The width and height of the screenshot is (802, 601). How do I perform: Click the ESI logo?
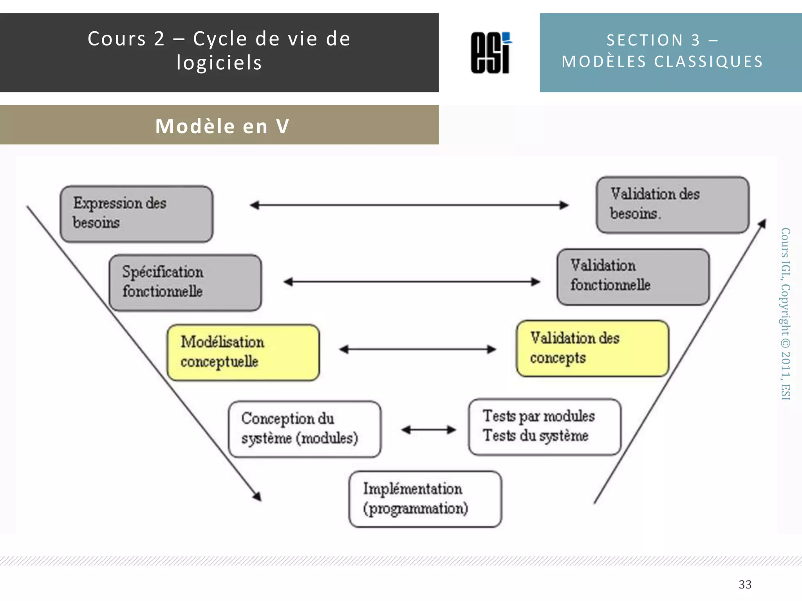point(491,53)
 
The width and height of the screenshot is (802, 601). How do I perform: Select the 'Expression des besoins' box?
point(136,214)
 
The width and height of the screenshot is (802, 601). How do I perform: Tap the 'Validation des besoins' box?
point(672,205)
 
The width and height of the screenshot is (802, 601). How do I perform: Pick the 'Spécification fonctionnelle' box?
point(185,283)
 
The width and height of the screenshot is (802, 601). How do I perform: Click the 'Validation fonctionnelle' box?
point(633,277)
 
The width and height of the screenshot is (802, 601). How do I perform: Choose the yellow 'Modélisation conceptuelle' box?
point(243,352)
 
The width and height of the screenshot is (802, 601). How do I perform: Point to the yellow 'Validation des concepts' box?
point(592,348)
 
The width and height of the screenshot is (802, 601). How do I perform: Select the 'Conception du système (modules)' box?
point(304,429)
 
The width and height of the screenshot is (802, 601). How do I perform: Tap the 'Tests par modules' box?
point(544,426)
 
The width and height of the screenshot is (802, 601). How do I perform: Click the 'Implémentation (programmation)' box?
point(425,499)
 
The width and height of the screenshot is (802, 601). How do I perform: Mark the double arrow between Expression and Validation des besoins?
point(409,205)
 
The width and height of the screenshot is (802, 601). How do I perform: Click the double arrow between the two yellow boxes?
point(417,349)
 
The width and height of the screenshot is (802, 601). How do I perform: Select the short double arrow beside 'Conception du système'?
point(428,430)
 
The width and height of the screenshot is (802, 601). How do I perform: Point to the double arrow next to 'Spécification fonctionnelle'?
point(412,282)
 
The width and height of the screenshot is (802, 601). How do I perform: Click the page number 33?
point(745,584)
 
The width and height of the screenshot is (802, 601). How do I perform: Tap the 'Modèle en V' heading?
point(222,126)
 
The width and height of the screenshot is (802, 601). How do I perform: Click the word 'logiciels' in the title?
point(219,63)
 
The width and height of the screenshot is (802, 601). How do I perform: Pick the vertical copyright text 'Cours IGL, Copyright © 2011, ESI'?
point(785,313)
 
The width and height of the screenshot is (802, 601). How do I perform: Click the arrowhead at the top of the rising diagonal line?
point(762,223)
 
